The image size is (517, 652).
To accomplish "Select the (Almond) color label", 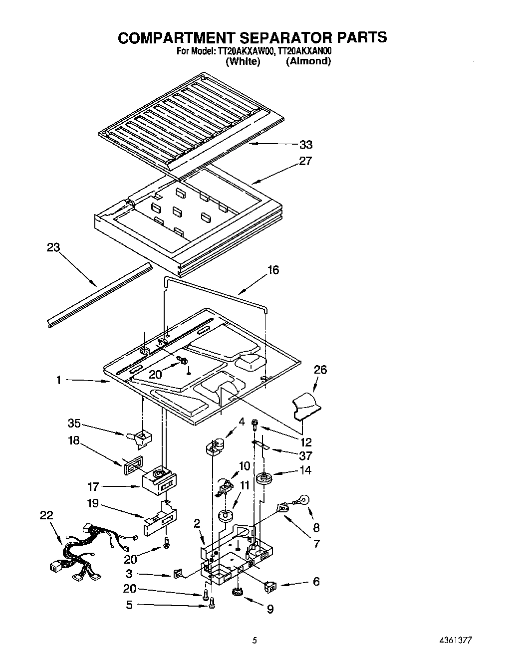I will click(308, 61).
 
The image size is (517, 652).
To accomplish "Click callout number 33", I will click(305, 145).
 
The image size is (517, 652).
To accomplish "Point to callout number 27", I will click(305, 161).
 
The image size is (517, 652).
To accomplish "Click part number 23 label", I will click(53, 248).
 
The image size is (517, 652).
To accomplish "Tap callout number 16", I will click(273, 270).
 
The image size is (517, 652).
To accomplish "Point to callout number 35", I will click(74, 424).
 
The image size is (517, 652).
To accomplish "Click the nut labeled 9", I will click(238, 592).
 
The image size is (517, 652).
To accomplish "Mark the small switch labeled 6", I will click(272, 585).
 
